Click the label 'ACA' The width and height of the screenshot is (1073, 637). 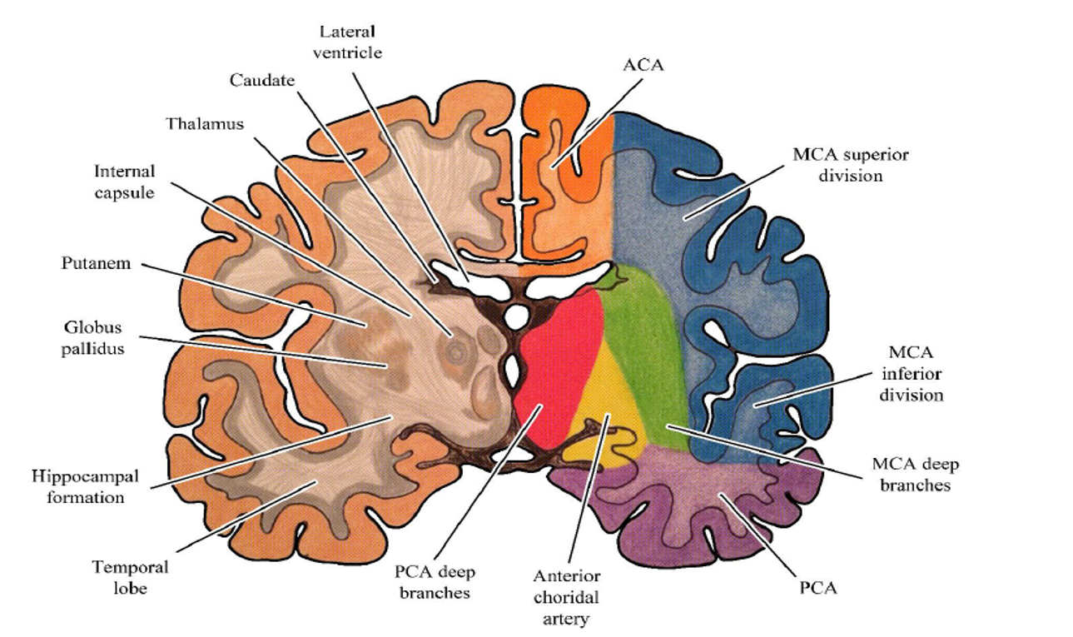(643, 65)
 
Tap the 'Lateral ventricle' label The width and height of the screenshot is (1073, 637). (347, 42)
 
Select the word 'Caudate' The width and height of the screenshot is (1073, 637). (262, 80)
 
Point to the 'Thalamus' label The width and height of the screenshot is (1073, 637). (205, 124)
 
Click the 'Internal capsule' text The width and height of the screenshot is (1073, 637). (125, 182)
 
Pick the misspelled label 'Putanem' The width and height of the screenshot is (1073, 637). (96, 263)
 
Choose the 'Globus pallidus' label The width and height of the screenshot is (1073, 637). (93, 338)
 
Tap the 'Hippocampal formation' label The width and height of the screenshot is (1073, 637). (85, 486)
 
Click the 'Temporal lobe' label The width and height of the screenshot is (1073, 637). (131, 578)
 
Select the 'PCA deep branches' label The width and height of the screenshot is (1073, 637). (435, 582)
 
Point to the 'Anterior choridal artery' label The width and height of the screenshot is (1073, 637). (566, 597)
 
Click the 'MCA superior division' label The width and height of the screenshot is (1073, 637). (851, 165)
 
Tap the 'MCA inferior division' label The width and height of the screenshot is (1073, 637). (911, 374)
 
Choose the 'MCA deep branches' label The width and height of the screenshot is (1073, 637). (916, 475)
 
